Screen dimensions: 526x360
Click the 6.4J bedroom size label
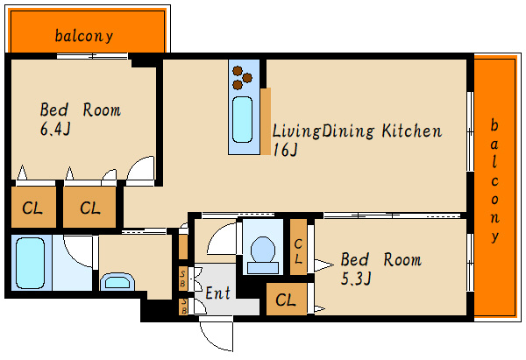(55, 129)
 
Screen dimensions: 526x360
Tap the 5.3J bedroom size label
(356, 279)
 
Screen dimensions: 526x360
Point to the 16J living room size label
(285, 150)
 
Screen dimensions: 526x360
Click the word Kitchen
(412, 131)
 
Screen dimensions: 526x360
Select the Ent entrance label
(218, 293)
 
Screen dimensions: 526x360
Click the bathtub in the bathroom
(30, 263)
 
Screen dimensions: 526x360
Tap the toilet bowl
(263, 249)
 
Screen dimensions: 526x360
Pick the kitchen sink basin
(242, 120)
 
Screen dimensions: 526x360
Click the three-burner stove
(242, 78)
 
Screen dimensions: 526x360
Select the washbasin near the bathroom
(117, 282)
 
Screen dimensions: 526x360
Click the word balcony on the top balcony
(84, 36)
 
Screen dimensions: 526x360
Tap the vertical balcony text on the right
(494, 180)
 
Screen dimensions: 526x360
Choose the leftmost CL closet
(33, 207)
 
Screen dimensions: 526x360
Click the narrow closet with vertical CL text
(298, 247)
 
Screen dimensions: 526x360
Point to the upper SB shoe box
(183, 279)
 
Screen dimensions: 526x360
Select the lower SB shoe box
(183, 307)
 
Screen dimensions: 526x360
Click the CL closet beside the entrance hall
(287, 300)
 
